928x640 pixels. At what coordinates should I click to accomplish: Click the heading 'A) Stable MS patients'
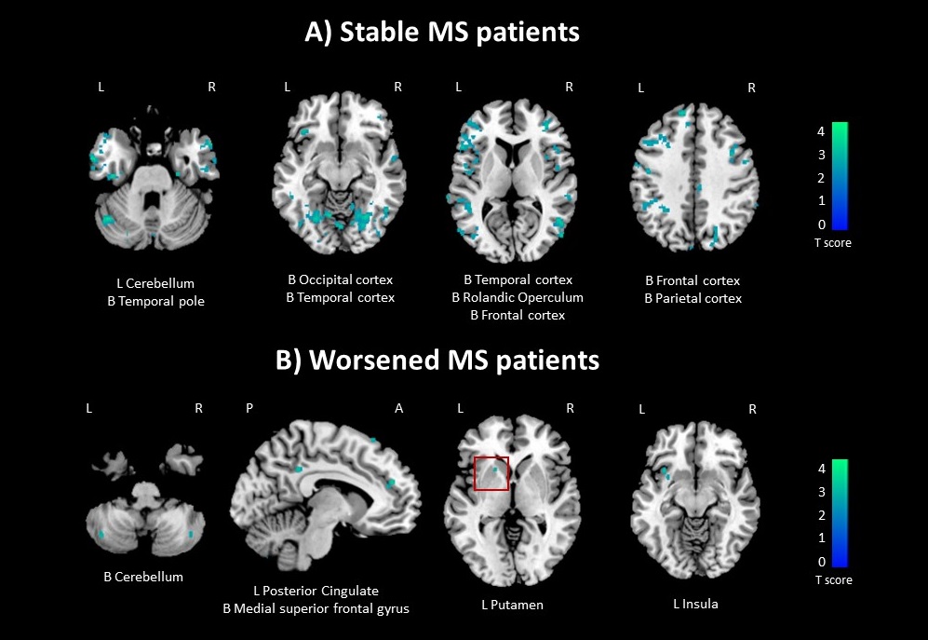442,32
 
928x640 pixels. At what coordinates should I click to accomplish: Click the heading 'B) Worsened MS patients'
437,360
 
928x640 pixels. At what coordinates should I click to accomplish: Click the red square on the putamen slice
491,473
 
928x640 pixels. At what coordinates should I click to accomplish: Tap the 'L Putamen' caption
512,605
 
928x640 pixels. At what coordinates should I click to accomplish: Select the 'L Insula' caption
695,604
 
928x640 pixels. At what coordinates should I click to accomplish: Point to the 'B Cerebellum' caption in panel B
143,577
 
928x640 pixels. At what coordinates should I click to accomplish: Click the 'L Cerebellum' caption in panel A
155,283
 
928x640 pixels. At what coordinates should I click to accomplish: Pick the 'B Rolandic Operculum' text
518,297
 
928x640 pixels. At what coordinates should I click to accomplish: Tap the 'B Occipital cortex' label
340,279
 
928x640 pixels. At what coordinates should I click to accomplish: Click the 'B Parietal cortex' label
693,298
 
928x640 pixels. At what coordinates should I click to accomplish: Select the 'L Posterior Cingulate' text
316,591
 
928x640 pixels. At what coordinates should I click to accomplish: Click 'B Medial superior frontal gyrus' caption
316,608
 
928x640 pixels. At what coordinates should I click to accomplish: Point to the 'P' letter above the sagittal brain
249,409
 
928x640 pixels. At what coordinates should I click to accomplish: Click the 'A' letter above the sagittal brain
399,409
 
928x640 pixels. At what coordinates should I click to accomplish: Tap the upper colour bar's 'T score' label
833,243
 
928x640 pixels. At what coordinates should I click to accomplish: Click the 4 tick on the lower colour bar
820,469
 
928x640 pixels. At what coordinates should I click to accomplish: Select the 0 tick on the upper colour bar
820,225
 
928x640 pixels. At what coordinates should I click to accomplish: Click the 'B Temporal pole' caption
155,301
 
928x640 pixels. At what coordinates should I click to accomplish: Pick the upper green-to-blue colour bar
839,175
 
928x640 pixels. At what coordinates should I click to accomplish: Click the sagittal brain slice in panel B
325,498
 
